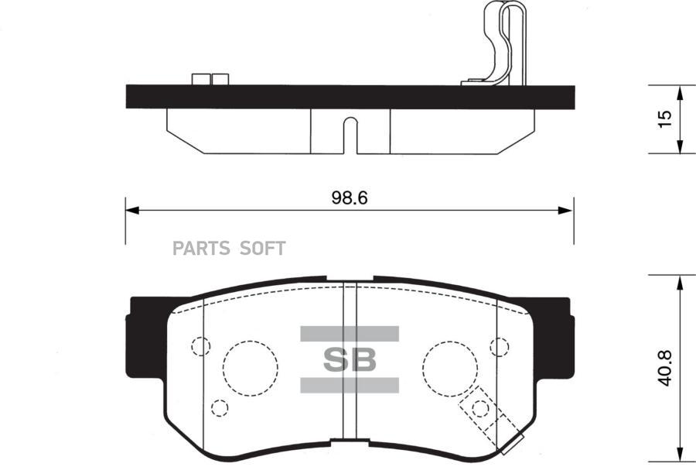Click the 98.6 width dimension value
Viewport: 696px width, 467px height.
(x=350, y=198)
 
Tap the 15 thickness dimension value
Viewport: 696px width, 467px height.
(x=665, y=119)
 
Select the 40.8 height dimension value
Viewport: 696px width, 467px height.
(x=664, y=368)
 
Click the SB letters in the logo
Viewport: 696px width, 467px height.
(x=350, y=359)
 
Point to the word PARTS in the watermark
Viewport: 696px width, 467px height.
(x=201, y=249)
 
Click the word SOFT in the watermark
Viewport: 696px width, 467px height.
(x=262, y=249)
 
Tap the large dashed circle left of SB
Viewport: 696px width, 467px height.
(x=251, y=368)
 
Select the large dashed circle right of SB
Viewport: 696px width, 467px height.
(x=450, y=369)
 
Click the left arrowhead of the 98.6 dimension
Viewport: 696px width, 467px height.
(x=132, y=210)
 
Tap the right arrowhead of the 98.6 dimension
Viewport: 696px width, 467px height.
(x=565, y=210)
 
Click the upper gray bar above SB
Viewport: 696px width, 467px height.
(x=350, y=334)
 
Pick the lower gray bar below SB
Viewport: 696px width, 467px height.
(x=350, y=385)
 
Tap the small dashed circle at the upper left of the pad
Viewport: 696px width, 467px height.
(x=200, y=346)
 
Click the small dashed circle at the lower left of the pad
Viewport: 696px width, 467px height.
(x=220, y=407)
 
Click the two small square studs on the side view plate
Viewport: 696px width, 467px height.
(x=210, y=79)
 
